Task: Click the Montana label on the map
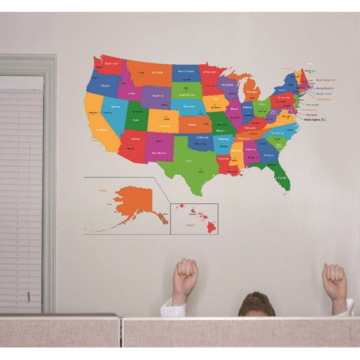coord(157,72)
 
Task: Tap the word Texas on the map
coord(187,161)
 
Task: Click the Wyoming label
coord(158,96)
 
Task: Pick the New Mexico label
coord(159,152)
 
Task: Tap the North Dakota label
coord(186,71)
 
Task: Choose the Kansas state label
coord(192,124)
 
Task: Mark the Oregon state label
coord(106,85)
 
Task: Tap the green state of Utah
coord(136,118)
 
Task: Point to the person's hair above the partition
coord(256,304)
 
